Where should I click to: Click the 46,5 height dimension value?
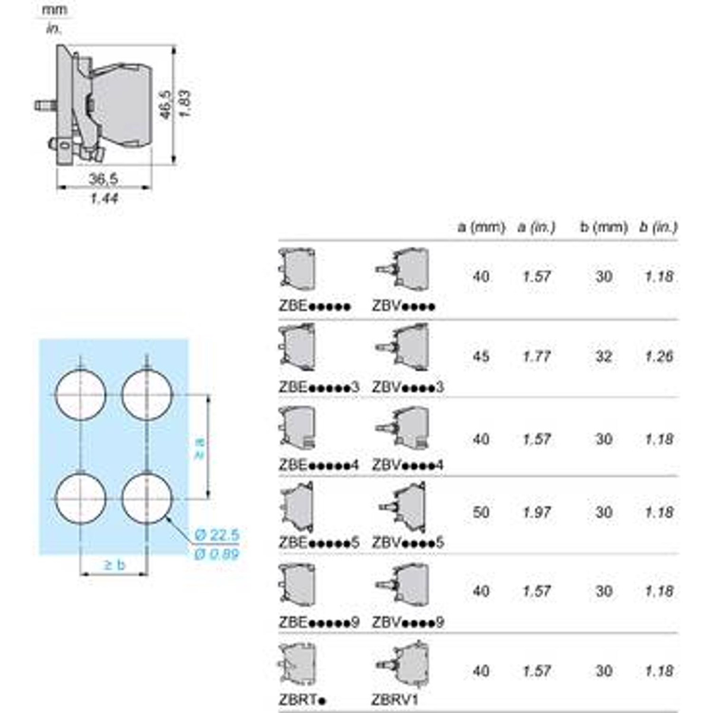click(166, 104)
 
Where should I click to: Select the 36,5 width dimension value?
click(103, 178)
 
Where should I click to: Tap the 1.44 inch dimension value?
click(103, 198)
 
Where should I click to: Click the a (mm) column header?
click(481, 227)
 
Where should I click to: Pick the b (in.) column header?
click(658, 227)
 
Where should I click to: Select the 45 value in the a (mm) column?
click(481, 356)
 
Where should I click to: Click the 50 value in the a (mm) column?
click(481, 512)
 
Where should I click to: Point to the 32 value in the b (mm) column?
click(604, 356)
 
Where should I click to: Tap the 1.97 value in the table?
click(537, 512)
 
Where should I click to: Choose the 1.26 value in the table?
click(659, 356)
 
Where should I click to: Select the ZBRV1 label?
click(395, 699)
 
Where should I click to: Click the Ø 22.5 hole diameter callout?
click(217, 535)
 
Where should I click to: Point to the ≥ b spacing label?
click(115, 564)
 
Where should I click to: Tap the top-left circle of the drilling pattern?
click(81, 395)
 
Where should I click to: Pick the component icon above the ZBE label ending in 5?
click(297, 509)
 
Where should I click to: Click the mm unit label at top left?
click(55, 10)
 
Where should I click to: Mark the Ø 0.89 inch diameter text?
click(217, 555)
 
